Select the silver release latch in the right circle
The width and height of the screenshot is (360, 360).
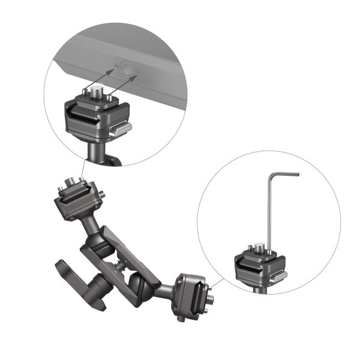click(277, 276)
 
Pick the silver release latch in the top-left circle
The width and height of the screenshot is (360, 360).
click(121, 129)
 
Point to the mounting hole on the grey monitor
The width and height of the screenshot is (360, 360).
click(127, 70)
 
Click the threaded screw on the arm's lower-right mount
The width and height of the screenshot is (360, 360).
click(212, 298)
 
